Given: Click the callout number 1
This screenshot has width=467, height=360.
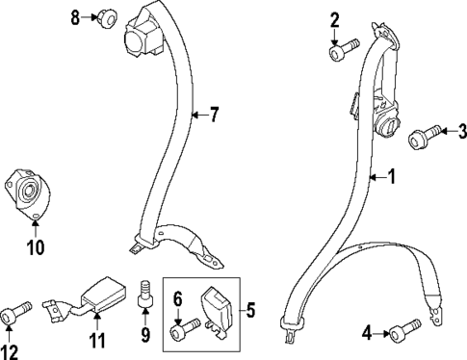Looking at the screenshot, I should tap(391, 176).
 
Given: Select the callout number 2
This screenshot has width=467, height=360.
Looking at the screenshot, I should tap(334, 18).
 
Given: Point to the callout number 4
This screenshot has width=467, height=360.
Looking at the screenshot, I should tap(367, 334).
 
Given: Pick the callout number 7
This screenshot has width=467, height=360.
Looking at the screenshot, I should tap(214, 116).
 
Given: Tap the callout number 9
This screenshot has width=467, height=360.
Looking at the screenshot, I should tap(145, 337).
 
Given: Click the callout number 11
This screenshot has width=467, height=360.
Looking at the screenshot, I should tap(95, 341).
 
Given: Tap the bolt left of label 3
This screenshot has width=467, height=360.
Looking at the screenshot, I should tap(425, 136).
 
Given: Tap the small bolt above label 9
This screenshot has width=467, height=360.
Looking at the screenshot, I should tap(146, 293).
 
